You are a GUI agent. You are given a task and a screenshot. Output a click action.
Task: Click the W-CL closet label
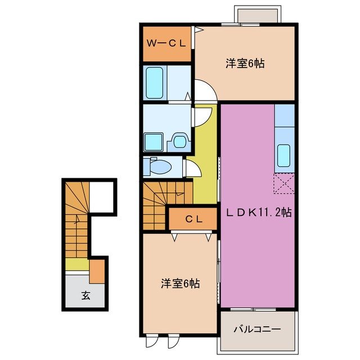166,43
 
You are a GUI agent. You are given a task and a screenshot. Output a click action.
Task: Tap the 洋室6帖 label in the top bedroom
246,64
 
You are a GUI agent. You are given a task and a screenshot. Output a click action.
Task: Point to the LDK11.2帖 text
258,213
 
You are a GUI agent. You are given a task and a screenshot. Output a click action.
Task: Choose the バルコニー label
256,329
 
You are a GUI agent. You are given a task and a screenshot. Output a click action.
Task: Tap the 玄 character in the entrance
85,295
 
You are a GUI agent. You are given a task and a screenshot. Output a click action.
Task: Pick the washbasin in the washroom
179,141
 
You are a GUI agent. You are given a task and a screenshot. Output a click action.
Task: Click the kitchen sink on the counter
284,153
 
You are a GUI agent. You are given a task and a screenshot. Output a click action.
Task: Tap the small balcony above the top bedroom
256,15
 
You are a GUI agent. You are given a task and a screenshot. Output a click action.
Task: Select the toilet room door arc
191,168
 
